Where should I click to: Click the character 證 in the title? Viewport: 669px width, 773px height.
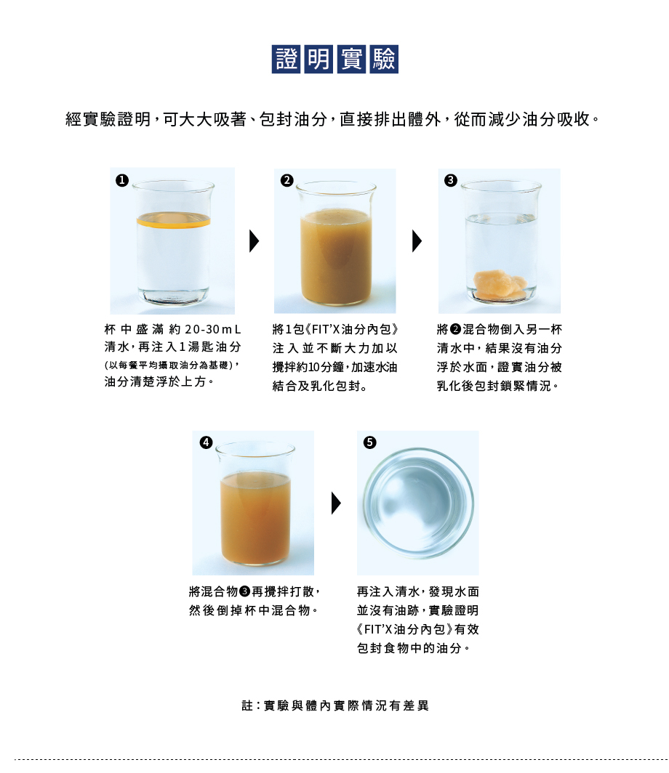286,59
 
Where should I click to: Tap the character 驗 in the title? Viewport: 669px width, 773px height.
384,59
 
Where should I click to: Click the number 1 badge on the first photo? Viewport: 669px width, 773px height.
122,180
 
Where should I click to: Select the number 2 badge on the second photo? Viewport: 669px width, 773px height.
287,180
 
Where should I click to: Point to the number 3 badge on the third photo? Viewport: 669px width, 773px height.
450,180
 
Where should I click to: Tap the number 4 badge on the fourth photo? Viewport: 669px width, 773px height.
206,442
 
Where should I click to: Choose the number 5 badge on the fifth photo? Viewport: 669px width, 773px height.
369,442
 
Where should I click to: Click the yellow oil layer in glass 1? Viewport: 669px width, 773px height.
173,222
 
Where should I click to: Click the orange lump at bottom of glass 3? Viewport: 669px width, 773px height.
500,285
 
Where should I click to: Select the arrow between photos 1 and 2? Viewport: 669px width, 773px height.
254,241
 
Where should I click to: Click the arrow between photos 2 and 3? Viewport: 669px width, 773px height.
417,241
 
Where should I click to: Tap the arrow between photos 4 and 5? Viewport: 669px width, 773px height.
336,503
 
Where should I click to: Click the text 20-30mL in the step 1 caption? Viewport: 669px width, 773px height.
212,329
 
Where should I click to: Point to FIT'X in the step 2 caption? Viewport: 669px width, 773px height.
327,329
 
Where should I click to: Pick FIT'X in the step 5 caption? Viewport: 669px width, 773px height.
378,629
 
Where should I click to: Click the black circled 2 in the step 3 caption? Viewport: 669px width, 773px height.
455,329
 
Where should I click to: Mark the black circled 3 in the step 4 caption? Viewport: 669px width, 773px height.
245,591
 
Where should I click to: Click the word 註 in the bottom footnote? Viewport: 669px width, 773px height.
247,705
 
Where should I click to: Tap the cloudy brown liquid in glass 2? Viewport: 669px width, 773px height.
336,256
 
